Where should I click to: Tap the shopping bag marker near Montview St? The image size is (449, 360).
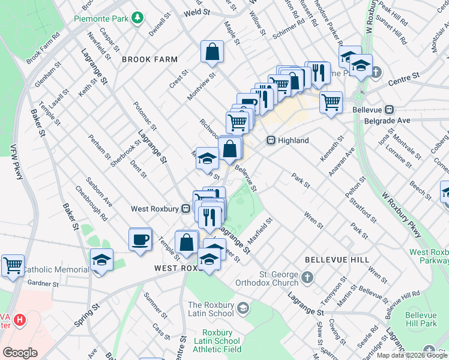point(212,53)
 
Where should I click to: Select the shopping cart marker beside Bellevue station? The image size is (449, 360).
point(331,103)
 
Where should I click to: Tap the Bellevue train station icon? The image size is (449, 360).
point(389,110)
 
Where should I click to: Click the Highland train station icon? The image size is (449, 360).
point(271,140)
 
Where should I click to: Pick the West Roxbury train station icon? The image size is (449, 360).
point(186,209)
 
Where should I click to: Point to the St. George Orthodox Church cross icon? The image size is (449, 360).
point(307,277)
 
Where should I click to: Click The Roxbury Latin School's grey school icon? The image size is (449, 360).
point(243,308)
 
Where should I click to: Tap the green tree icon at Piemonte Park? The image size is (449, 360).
point(138,18)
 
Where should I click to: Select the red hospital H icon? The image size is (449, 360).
point(20,320)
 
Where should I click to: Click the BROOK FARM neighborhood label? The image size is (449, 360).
point(149,59)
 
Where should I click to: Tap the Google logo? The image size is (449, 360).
point(20,352)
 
